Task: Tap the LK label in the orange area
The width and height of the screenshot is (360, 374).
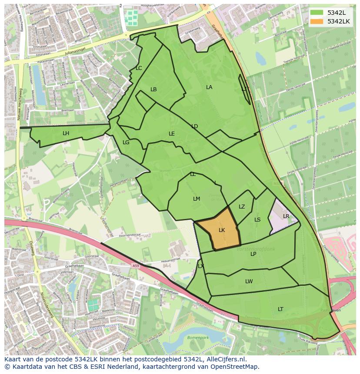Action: pos(222,230)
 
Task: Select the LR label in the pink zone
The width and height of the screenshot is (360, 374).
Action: pos(286,216)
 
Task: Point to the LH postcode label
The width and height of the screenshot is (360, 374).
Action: pos(66,133)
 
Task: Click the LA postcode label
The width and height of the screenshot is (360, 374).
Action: pos(209,87)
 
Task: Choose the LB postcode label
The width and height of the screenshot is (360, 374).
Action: pos(153,89)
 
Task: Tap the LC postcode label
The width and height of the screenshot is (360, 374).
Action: pos(139,68)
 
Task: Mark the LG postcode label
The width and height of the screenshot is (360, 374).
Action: pos(126,142)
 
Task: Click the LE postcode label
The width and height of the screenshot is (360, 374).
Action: pos(172,134)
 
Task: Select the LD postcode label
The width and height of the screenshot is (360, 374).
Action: pos(194,126)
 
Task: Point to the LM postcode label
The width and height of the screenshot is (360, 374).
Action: pos(197,199)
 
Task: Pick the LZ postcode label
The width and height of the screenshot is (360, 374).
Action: pos(242,207)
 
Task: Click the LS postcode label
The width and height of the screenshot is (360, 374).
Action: pos(257,220)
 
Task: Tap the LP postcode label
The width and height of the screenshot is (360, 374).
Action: pos(253,254)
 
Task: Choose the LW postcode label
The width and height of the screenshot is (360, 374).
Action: pos(249,281)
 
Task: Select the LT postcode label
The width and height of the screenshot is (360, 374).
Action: pos(280,309)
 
